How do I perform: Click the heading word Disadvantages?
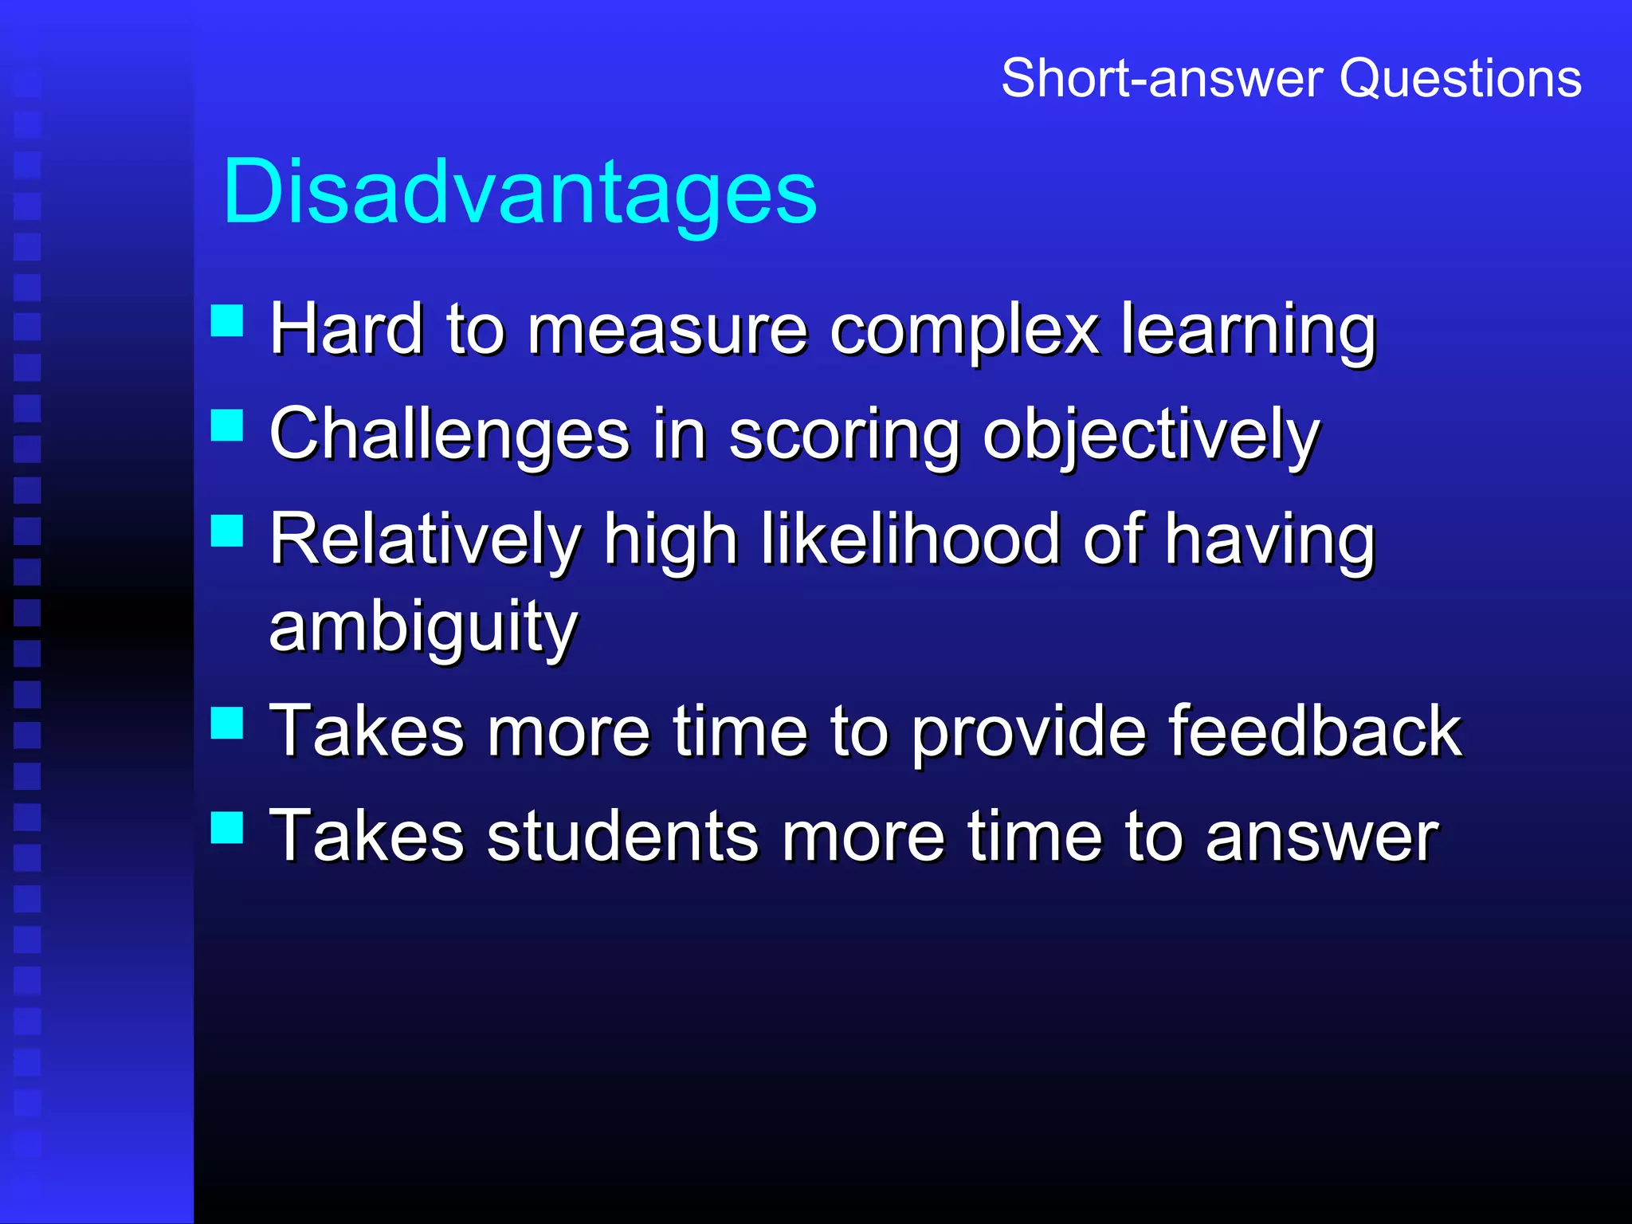coord(520,191)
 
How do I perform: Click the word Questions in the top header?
coord(1460,78)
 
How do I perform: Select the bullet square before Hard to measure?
coord(227,320)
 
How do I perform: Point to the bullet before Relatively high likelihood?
coord(227,530)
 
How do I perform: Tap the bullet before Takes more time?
coord(227,723)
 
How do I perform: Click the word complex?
coord(964,331)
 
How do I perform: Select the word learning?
coord(1249,331)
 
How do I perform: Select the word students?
coord(622,837)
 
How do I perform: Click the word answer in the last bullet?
coord(1321,838)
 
